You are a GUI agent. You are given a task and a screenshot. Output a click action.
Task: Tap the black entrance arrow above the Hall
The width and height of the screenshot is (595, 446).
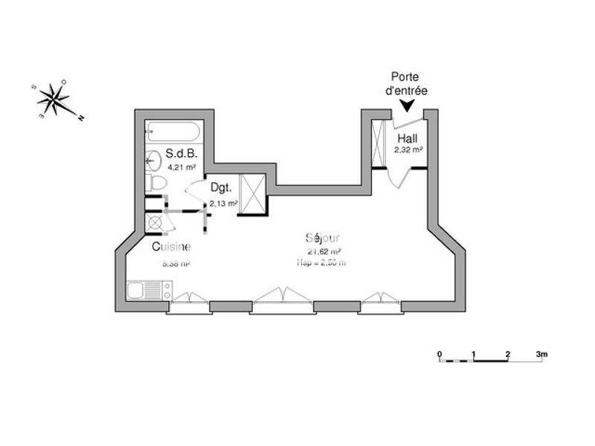click(x=406, y=107)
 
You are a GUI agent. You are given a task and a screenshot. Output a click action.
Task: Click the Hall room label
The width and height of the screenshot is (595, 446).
click(x=408, y=139)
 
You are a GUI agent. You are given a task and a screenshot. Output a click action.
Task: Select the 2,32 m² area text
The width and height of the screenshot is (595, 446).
click(x=408, y=150)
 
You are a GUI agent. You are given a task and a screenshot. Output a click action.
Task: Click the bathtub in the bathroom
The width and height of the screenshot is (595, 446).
click(x=173, y=133)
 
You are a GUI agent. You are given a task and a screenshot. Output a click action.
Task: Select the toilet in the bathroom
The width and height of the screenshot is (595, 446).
click(x=156, y=183)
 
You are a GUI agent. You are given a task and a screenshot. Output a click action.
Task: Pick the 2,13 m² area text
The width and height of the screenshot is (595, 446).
click(x=223, y=202)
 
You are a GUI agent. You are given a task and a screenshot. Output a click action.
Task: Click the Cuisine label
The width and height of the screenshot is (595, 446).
click(x=171, y=248)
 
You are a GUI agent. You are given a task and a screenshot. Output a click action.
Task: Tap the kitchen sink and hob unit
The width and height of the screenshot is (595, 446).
click(x=149, y=290)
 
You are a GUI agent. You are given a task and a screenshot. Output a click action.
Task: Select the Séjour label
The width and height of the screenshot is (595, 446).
click(x=323, y=239)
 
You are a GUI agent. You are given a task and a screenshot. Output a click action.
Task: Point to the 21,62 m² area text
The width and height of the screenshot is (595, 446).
click(x=324, y=252)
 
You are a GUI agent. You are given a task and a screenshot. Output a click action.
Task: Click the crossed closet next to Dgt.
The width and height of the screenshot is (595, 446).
click(x=251, y=194)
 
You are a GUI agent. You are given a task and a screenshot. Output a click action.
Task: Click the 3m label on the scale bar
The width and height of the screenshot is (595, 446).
click(x=541, y=353)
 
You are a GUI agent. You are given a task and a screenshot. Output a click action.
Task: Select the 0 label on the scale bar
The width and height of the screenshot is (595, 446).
click(x=440, y=353)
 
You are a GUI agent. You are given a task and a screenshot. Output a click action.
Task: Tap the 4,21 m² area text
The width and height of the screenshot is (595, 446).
click(x=181, y=168)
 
